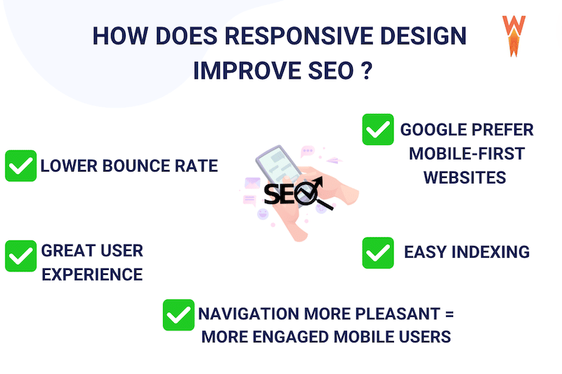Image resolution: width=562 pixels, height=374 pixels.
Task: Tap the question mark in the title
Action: coord(365,72)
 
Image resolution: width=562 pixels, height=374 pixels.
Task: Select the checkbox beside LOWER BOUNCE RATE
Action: coord(20,166)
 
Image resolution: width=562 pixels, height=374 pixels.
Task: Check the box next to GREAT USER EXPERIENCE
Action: coord(20,256)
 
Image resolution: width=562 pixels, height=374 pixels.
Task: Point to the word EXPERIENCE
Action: coord(92,273)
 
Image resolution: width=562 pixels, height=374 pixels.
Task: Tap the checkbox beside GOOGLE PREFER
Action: coord(378,130)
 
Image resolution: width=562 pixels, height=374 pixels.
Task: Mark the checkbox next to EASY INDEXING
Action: coord(378,252)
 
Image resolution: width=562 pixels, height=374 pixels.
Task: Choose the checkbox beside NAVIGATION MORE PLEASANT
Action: coord(178,314)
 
